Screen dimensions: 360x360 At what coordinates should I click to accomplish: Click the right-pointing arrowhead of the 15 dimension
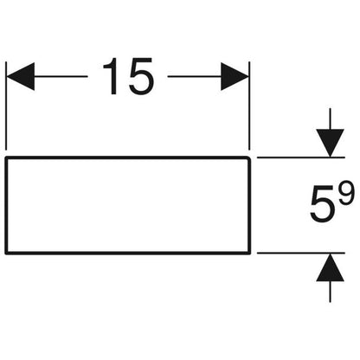(x=235, y=76)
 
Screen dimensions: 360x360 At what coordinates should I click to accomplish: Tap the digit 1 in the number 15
(x=112, y=76)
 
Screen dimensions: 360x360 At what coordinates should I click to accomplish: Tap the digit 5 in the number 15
(x=141, y=76)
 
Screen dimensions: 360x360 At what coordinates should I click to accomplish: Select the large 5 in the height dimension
(x=322, y=205)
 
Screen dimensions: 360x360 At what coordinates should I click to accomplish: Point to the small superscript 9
(x=345, y=193)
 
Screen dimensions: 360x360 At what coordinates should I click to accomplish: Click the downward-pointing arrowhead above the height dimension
(x=330, y=143)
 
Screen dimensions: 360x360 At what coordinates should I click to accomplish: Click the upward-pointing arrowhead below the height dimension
(x=330, y=267)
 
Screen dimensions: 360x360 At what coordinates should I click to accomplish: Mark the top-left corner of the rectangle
(x=6, y=157)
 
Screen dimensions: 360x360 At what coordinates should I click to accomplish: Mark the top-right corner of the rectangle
(x=249, y=157)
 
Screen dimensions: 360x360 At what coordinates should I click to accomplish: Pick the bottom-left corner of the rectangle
(x=6, y=254)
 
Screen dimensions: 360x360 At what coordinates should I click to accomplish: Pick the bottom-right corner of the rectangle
(x=249, y=254)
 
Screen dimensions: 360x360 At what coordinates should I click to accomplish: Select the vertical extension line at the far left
(x=6, y=106)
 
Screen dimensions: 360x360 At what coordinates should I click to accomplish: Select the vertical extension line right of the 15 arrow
(x=249, y=106)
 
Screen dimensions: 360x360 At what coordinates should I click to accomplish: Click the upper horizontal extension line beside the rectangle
(x=301, y=157)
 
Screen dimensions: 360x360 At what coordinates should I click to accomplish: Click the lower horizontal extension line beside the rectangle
(x=301, y=253)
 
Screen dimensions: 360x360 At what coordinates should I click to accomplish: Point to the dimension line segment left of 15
(x=61, y=76)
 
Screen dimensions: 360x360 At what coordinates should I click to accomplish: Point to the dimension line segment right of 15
(x=195, y=76)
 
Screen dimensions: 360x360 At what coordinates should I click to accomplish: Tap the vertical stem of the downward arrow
(x=330, y=119)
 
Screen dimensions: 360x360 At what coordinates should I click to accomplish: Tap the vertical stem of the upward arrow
(x=330, y=292)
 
